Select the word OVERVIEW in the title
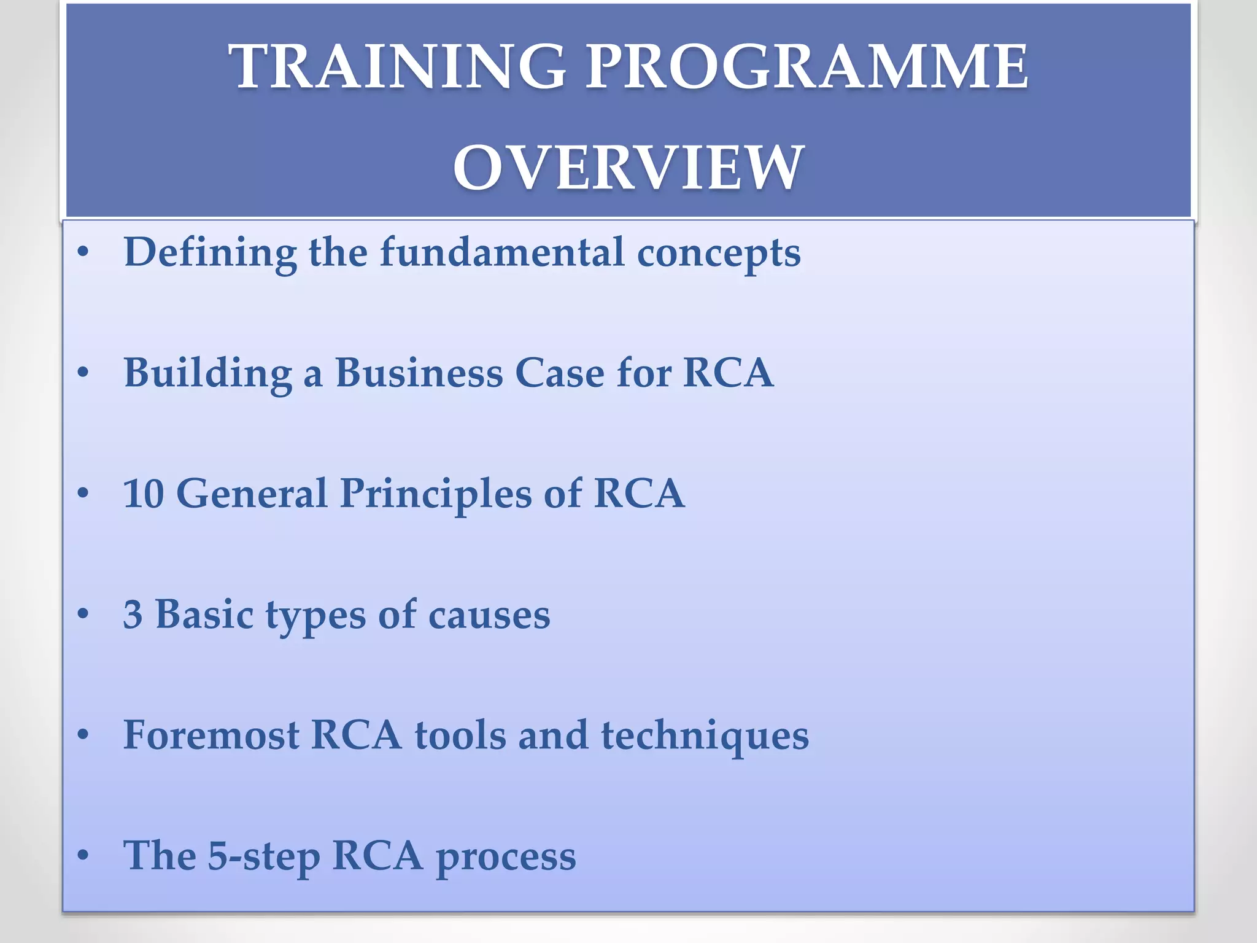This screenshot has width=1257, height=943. click(x=628, y=168)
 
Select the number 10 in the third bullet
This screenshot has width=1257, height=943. click(x=144, y=494)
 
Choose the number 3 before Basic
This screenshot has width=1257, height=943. click(x=133, y=615)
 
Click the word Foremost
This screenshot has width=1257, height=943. click(x=211, y=735)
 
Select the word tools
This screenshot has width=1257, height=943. click(x=460, y=735)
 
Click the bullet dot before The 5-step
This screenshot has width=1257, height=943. click(x=84, y=855)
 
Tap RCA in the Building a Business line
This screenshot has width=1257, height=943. click(x=728, y=373)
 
